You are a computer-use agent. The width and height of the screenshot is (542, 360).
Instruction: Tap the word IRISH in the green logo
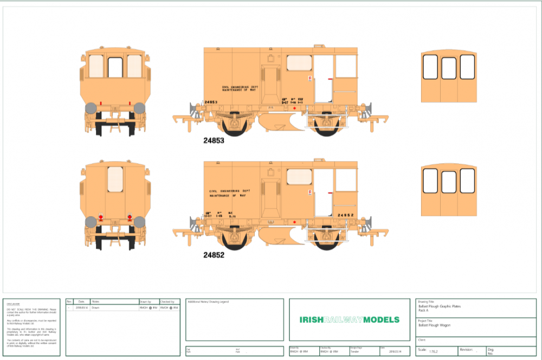(311, 319)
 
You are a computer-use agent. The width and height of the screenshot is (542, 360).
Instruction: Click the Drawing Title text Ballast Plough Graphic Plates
(439, 306)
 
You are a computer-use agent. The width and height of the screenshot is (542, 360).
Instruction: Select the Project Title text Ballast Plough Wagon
(434, 325)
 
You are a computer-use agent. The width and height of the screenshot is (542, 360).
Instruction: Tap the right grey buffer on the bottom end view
(139, 221)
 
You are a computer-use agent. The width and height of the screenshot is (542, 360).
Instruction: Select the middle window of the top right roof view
(449, 68)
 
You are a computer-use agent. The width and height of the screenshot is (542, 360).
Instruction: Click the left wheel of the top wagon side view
(235, 126)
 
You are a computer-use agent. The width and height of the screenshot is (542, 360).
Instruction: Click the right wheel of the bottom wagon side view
(326, 240)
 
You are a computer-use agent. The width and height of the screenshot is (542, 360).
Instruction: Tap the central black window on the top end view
(115, 67)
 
